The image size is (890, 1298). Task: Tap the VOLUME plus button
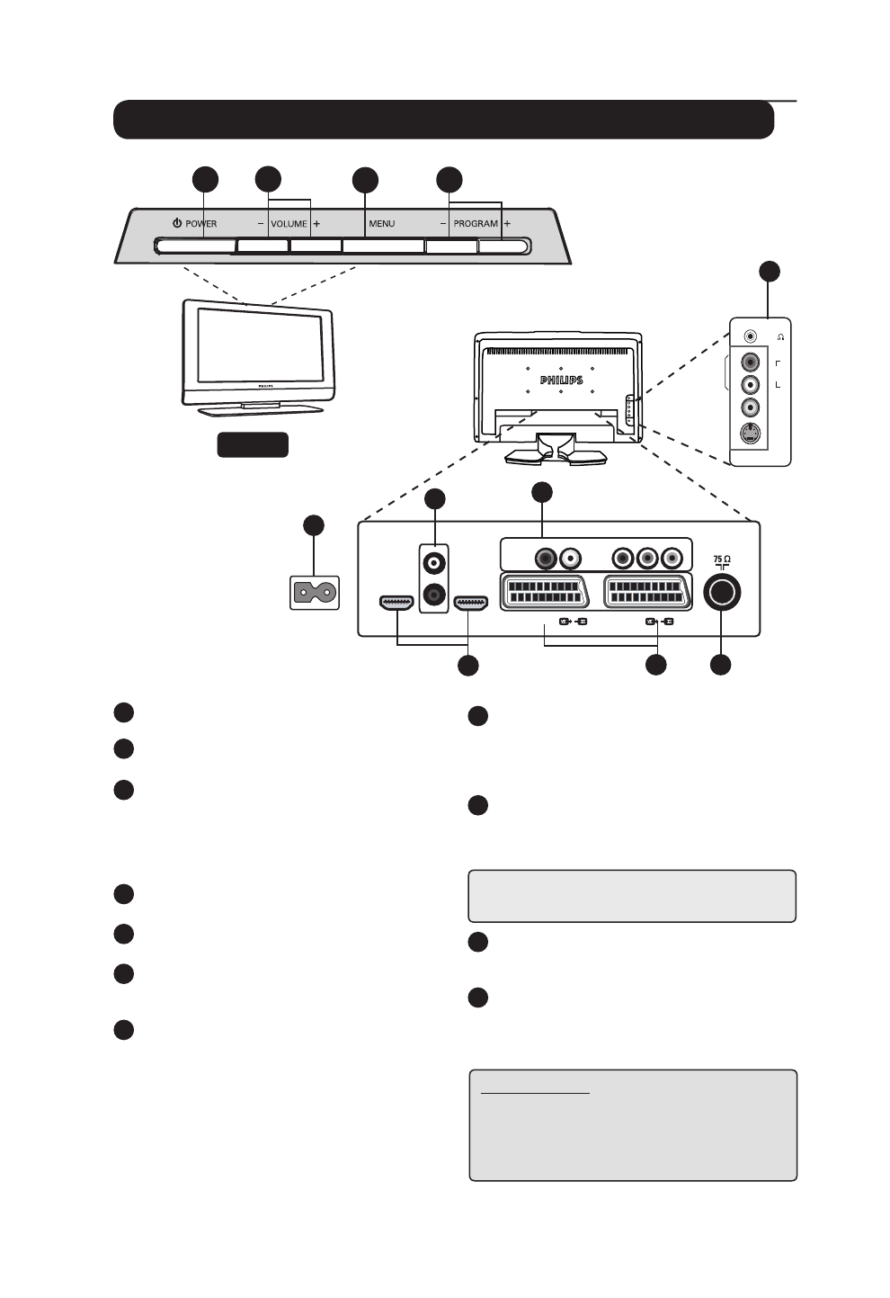point(316,246)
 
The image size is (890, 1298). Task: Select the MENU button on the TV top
point(383,246)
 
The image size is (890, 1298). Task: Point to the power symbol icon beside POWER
point(178,223)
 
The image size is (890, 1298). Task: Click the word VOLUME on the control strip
point(289,223)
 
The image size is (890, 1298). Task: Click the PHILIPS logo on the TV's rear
point(561,380)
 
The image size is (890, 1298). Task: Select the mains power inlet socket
point(315,593)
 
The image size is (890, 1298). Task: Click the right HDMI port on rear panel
point(471,604)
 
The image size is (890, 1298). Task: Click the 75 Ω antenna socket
point(723,593)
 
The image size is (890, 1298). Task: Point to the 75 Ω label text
point(722,559)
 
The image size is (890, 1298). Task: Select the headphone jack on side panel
point(752,336)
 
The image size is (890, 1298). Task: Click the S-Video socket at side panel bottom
point(752,435)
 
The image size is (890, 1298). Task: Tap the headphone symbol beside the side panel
point(780,336)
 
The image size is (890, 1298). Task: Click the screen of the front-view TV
point(257,346)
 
